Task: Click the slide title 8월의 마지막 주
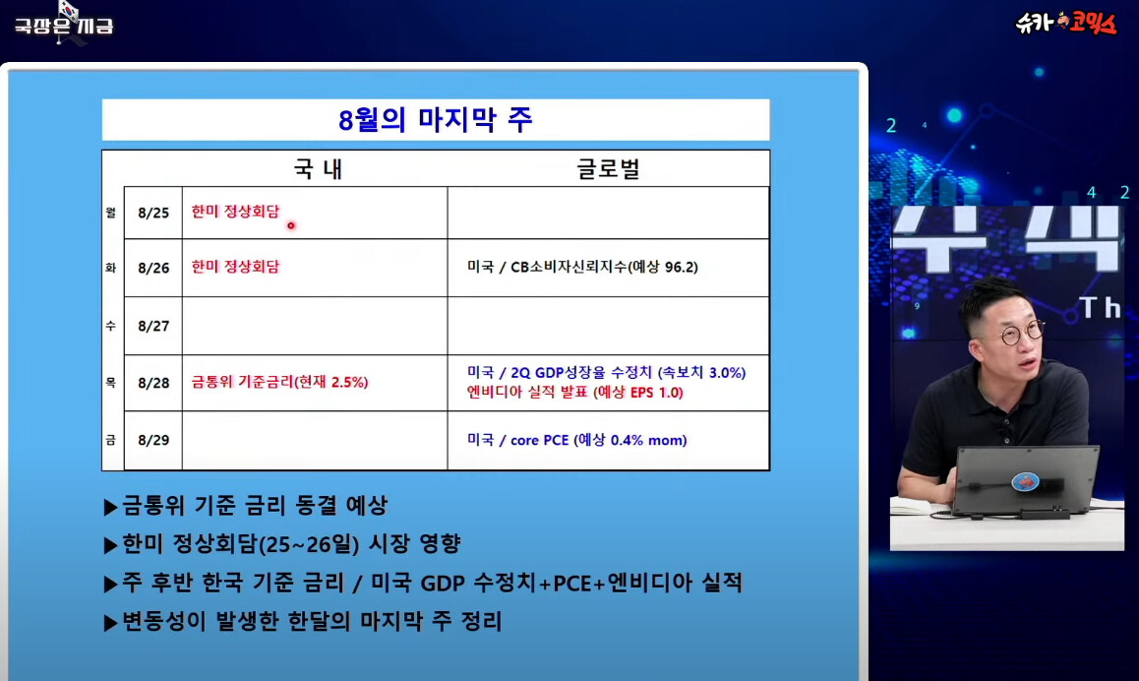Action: click(x=435, y=120)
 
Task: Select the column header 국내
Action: click(x=318, y=168)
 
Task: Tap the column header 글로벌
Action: click(x=608, y=168)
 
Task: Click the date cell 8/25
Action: click(x=153, y=213)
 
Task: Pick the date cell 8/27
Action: click(x=153, y=327)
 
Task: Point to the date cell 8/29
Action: click(x=153, y=441)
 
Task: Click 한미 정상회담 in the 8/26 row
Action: click(x=235, y=267)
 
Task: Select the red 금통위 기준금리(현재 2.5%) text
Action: click(x=279, y=382)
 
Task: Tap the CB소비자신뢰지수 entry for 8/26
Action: click(x=582, y=268)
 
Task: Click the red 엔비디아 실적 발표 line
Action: click(x=574, y=393)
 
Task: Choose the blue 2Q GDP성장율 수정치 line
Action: click(x=607, y=373)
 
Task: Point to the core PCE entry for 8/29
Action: click(x=576, y=441)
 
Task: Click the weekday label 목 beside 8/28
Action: click(x=110, y=382)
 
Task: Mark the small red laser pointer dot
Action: click(x=290, y=225)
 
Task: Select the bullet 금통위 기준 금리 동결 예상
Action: click(x=246, y=505)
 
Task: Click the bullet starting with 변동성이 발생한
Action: click(x=303, y=621)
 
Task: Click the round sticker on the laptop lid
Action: click(x=1025, y=481)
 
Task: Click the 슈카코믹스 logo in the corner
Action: click(x=1065, y=23)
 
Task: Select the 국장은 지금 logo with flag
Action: click(x=64, y=23)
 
